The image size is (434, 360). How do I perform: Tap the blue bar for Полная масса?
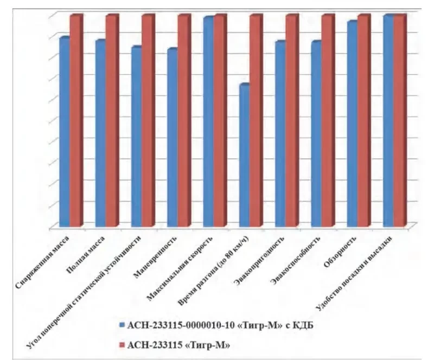tap(100, 133)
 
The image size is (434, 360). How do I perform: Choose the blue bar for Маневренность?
tap(172, 138)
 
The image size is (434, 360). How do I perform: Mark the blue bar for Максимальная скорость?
tap(208, 122)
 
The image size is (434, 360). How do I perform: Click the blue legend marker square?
tap(121, 325)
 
